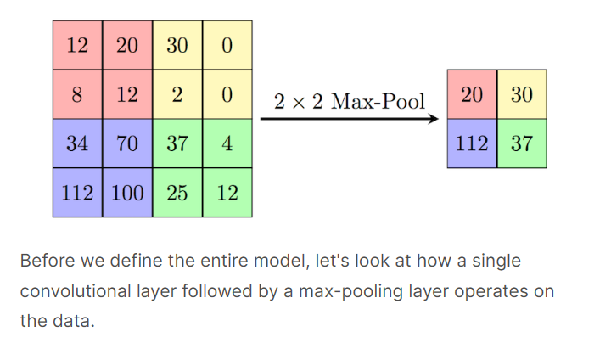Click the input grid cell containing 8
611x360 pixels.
click(77, 94)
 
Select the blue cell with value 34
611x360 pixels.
click(77, 143)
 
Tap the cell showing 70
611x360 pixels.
click(127, 143)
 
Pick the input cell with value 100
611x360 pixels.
click(127, 193)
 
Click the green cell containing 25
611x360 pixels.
click(177, 193)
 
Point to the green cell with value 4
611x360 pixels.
click(227, 143)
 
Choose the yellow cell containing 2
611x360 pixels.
click(177, 94)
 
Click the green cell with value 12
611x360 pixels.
click(227, 193)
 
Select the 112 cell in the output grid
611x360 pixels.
click(473, 143)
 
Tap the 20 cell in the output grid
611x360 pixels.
click(473, 94)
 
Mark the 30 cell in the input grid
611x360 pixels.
click(177, 45)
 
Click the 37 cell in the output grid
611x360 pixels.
click(522, 143)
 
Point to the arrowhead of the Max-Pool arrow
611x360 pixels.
click(435, 119)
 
